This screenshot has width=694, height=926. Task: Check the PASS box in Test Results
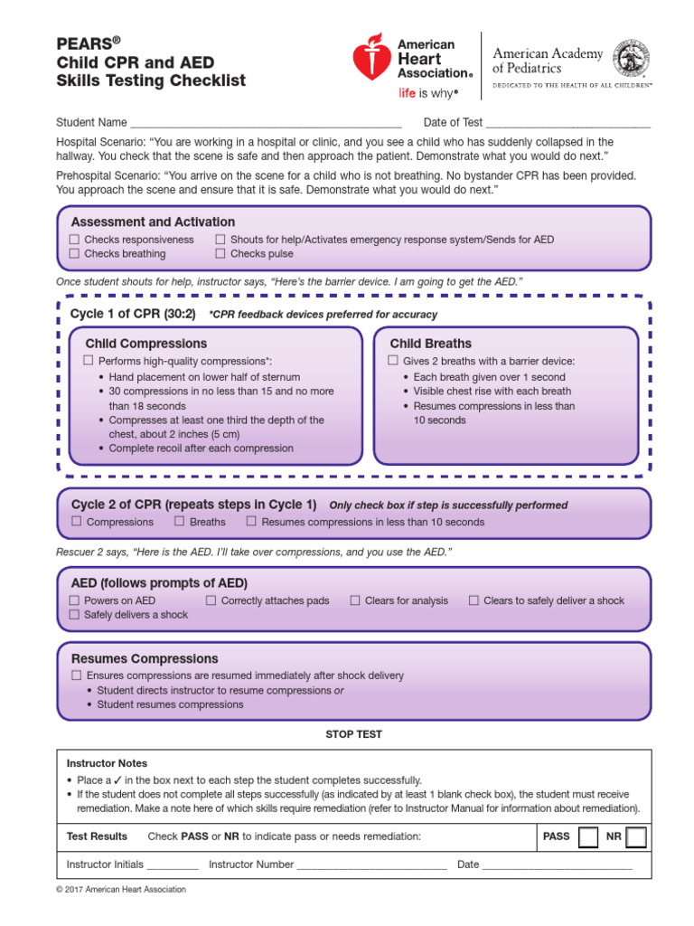click(587, 836)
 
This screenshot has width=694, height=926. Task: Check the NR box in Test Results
click(636, 836)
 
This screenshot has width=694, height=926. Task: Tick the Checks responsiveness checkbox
click(75, 240)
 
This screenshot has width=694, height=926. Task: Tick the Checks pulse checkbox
click(220, 254)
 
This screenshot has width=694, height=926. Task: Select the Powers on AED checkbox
click(75, 600)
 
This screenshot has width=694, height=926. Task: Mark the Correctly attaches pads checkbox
click(211, 600)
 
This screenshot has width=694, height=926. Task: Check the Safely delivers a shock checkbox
click(75, 615)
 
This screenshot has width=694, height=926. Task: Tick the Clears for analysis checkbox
click(355, 600)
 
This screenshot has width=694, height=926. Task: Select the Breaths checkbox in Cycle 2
click(180, 522)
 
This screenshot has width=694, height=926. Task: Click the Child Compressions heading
click(145, 344)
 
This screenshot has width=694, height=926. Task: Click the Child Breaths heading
click(430, 344)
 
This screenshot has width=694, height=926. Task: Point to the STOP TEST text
click(353, 734)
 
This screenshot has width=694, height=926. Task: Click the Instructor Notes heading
click(107, 763)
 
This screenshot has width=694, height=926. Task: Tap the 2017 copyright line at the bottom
click(121, 890)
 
